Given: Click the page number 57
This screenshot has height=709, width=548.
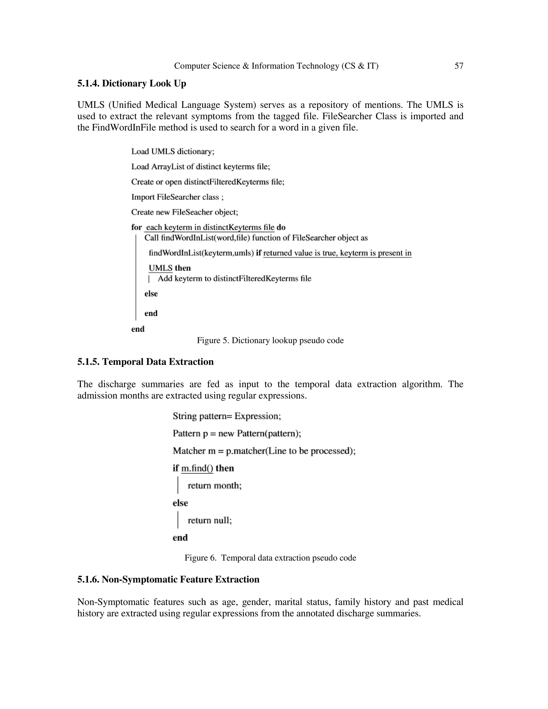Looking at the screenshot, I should [459, 66].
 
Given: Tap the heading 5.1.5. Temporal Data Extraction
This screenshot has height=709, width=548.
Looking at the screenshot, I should [146, 362].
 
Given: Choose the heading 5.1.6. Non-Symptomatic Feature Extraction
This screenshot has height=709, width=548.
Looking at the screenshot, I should [168, 579].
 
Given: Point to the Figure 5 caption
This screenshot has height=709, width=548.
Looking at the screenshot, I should [270, 340].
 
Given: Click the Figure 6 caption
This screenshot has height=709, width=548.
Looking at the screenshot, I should [270, 558].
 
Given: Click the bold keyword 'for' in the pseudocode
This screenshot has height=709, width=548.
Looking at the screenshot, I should [136, 227].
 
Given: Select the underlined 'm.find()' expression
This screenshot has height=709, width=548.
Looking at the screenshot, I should [197, 468].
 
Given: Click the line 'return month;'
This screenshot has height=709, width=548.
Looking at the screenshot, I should [215, 485].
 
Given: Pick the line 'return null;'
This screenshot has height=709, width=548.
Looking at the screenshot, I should [210, 520].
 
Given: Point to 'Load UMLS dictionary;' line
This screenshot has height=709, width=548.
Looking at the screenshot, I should [173, 152].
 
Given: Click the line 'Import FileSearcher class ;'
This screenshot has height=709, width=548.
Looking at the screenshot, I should [177, 197].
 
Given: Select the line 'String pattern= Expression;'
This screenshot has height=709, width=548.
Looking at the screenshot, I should [227, 416].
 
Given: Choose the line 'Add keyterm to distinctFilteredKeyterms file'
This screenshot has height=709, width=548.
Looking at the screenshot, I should [234, 279].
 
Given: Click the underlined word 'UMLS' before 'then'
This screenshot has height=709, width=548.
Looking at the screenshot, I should [160, 268].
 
